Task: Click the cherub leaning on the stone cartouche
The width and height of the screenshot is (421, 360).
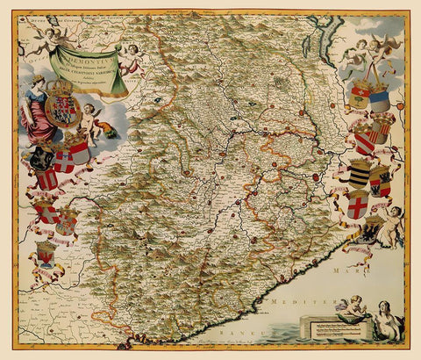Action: [x=350, y=307]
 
